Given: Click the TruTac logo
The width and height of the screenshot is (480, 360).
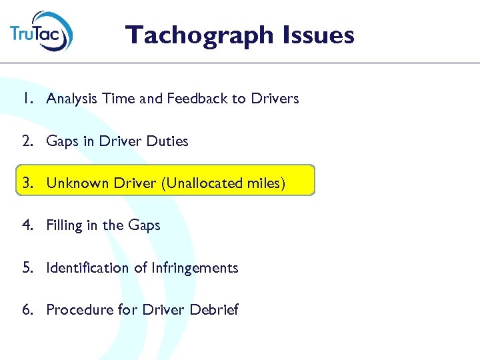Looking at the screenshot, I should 41,31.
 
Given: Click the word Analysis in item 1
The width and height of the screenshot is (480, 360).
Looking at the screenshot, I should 71,99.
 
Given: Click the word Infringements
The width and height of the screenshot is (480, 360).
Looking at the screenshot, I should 195,268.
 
